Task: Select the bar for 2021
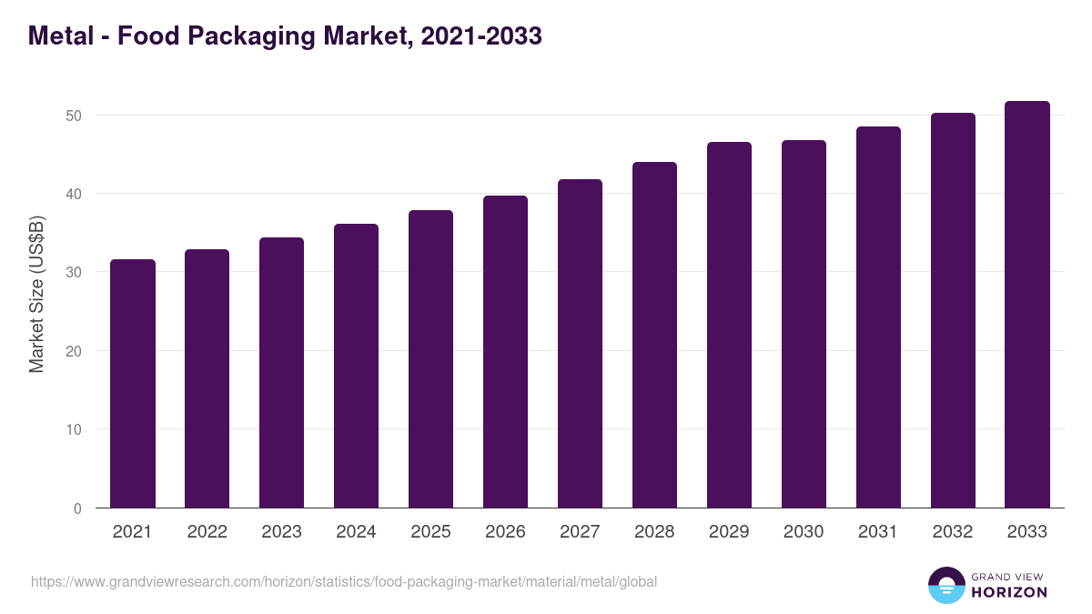pyautogui.click(x=133, y=384)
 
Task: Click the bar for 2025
pyautogui.click(x=430, y=359)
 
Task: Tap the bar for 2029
pyautogui.click(x=729, y=325)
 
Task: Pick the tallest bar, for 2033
pyautogui.click(x=1027, y=305)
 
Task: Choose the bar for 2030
pyautogui.click(x=804, y=324)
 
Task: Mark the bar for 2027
pyautogui.click(x=580, y=344)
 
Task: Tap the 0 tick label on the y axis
pyautogui.click(x=78, y=508)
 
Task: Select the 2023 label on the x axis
pyautogui.click(x=281, y=532)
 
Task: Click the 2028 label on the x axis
pyautogui.click(x=654, y=532)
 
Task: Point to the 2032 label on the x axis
pyautogui.click(x=953, y=532)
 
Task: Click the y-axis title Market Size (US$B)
pyautogui.click(x=37, y=293)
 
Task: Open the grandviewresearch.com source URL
pyautogui.click(x=344, y=581)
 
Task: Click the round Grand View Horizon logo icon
pyautogui.click(x=945, y=585)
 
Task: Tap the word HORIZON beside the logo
pyautogui.click(x=1009, y=592)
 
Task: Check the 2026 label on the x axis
pyautogui.click(x=505, y=532)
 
